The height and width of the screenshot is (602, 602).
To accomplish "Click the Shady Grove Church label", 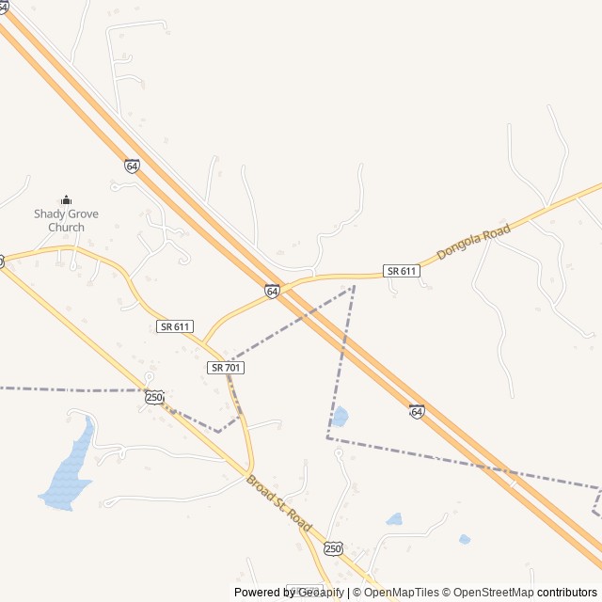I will tap(66, 220).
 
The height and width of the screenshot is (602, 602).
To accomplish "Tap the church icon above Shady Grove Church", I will tap(66, 199).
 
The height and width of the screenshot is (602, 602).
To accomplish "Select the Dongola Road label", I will tap(473, 242).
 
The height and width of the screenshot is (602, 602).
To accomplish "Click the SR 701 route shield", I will tap(226, 368).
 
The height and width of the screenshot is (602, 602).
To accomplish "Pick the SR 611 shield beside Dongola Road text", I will tap(402, 271).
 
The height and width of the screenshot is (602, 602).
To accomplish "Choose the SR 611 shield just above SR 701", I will tap(174, 326).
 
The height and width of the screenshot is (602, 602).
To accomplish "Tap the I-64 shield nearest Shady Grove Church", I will tap(132, 166).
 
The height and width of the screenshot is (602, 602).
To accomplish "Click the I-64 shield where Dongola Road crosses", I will tap(272, 292).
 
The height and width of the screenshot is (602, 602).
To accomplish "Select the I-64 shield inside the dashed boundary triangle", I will tap(417, 411).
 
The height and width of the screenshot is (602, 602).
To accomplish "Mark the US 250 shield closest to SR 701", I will tap(154, 398).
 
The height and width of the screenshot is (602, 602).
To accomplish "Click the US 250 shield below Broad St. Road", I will tap(333, 548).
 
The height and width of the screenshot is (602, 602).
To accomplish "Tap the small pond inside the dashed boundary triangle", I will tap(340, 416).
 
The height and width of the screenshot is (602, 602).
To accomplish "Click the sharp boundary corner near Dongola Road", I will tap(354, 286).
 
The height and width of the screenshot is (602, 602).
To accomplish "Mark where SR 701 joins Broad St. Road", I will tap(249, 470).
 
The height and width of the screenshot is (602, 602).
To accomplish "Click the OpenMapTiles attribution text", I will tap(402, 593).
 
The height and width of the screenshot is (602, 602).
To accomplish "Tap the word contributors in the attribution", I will tap(567, 593).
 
